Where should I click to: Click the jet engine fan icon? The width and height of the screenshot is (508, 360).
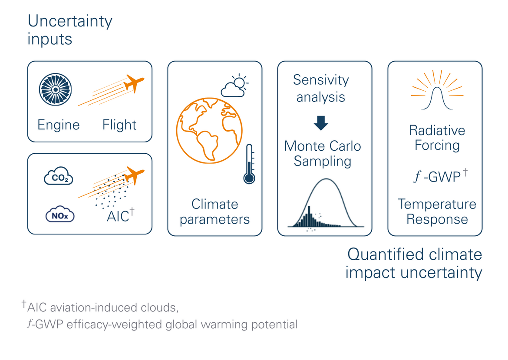pos(56,89)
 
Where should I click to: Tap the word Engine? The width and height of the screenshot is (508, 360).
pos(59,125)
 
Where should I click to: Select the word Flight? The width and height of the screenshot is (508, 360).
pos(119,125)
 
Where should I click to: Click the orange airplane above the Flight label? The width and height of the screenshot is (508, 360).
pos(134,83)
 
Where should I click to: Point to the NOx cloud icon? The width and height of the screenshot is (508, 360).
pos(60,214)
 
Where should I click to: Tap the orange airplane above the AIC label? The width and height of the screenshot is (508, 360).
pos(134,175)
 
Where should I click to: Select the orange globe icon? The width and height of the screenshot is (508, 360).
pos(209,131)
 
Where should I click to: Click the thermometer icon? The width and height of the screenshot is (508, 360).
pos(249,164)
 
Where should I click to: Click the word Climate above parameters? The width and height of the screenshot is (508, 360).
pos(215,205)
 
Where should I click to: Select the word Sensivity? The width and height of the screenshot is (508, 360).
pos(321,80)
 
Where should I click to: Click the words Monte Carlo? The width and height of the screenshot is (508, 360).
pos(323,146)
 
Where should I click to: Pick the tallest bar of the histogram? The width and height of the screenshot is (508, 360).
pos(309,216)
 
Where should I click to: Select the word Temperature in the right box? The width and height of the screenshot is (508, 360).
pos(437,205)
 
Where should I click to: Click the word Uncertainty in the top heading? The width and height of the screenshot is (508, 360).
pos(70,21)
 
